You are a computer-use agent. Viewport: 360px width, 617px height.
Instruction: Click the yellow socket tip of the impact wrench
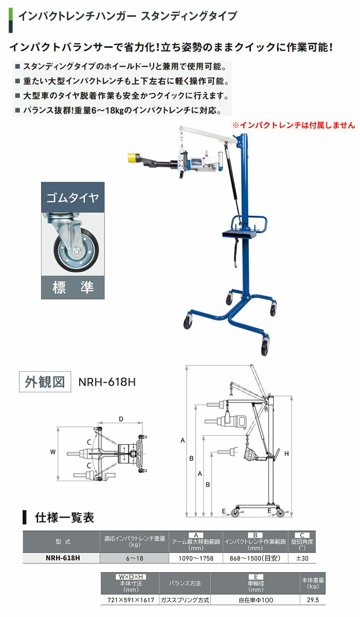(134, 158)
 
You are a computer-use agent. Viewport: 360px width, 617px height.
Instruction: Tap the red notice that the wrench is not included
(294, 125)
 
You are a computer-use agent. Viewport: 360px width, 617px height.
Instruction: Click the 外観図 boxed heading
(45, 382)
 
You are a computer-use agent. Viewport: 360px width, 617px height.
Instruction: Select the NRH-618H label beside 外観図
(107, 382)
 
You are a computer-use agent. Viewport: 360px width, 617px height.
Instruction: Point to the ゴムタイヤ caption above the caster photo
(73, 197)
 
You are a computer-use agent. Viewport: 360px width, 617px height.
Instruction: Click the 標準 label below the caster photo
(73, 287)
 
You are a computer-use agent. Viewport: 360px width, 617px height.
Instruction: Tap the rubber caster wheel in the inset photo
(76, 250)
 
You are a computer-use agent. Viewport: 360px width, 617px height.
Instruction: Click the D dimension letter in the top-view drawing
(121, 419)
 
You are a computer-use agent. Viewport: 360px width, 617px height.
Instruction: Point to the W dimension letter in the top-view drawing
(53, 452)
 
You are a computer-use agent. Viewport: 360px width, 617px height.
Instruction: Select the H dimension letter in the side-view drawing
(286, 453)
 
